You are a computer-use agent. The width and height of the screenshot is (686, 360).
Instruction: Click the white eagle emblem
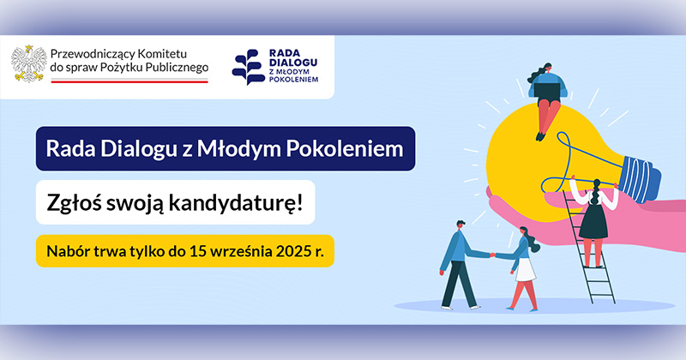pos(29,63)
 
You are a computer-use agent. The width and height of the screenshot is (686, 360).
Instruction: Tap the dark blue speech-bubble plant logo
pos(249,67)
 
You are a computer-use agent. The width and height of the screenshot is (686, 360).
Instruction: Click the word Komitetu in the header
pos(162,54)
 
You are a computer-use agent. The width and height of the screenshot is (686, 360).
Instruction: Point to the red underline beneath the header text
pos(129,81)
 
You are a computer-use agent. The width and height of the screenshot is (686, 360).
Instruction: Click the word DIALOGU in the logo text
pos(293,62)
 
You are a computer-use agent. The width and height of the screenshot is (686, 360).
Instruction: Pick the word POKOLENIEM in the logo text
pos(293,79)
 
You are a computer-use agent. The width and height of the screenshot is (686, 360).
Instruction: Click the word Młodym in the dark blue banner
pos(239,149)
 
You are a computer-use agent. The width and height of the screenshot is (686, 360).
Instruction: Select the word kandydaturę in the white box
pos(235,203)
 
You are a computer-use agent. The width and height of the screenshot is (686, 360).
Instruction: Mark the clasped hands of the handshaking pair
pos(492,255)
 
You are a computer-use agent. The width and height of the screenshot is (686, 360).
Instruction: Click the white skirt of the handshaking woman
pos(526,270)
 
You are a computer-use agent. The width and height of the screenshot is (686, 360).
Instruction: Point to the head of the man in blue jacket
pos(460,225)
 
